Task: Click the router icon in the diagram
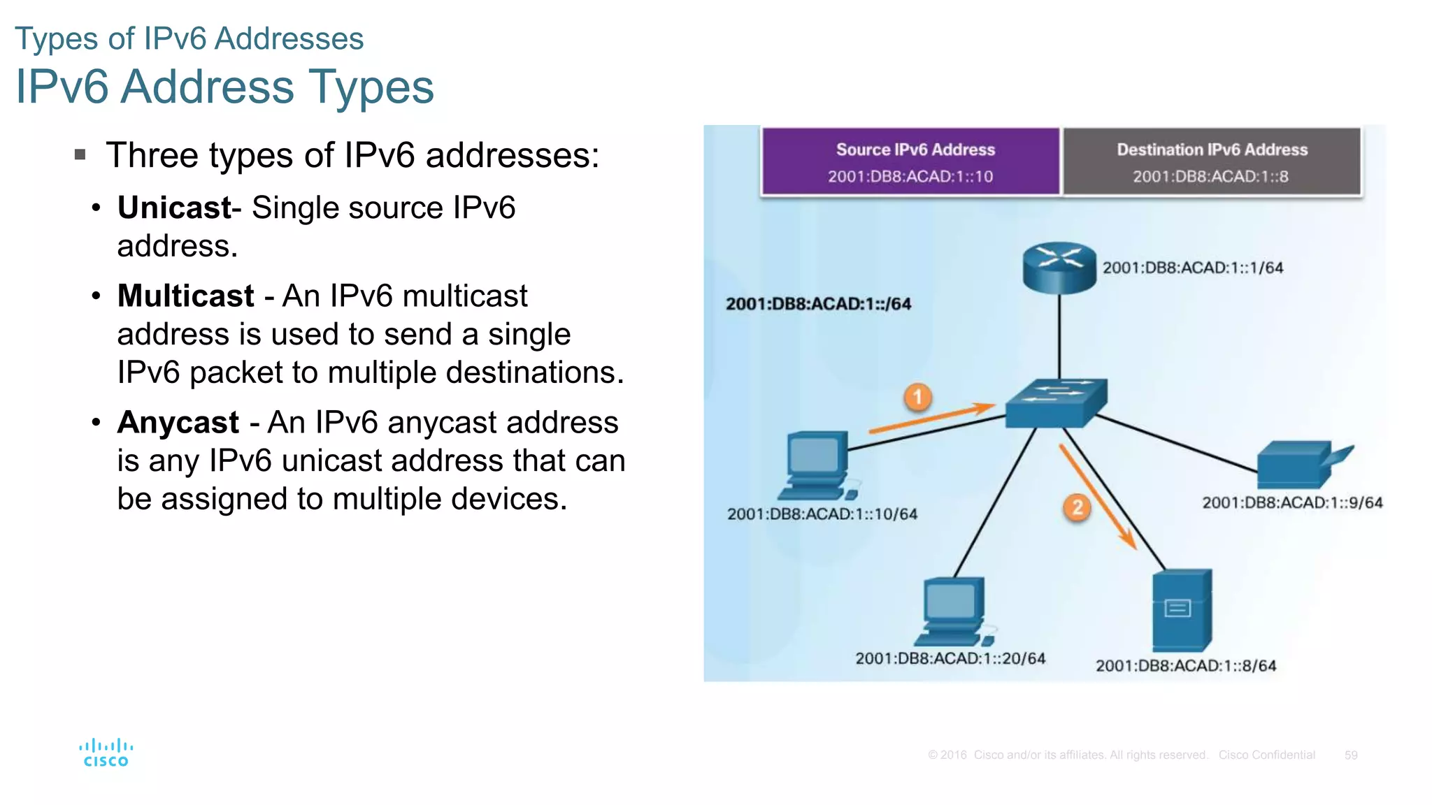point(1059,268)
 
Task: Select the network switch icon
point(1056,403)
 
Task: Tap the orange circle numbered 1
point(917,397)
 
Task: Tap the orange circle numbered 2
point(1077,507)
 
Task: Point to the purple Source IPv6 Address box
point(911,161)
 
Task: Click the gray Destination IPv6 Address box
point(1212,161)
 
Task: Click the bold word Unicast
point(174,208)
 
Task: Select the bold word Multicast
point(185,296)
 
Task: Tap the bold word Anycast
point(178,422)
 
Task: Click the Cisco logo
point(106,753)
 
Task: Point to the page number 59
point(1350,755)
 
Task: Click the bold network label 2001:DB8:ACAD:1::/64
point(818,304)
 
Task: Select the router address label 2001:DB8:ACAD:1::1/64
point(1192,268)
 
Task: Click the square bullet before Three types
point(80,154)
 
